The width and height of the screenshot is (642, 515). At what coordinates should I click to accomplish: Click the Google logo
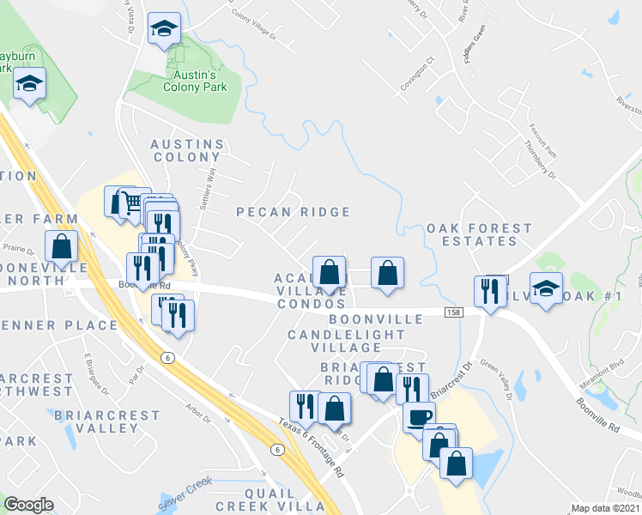28,505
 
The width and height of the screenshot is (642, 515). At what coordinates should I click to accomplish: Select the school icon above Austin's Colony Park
163,29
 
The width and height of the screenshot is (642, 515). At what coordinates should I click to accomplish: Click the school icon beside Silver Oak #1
545,288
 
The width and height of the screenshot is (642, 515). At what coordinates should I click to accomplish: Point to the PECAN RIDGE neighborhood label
293,212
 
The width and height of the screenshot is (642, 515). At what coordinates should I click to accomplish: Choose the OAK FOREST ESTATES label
472,234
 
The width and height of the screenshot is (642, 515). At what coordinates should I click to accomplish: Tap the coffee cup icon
419,417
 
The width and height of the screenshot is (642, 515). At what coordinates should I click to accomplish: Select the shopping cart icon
130,203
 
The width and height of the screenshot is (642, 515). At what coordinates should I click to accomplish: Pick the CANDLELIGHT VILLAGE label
334,341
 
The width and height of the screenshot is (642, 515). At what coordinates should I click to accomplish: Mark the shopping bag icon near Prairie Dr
62,247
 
